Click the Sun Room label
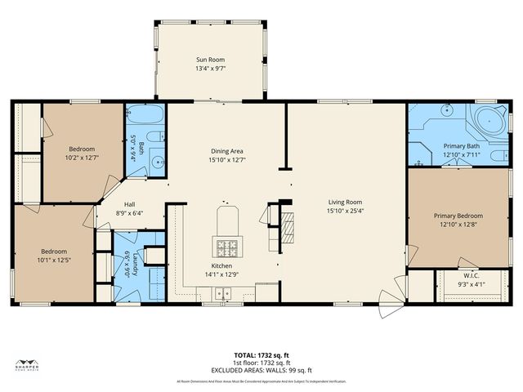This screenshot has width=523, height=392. pyautogui.click(x=210, y=60)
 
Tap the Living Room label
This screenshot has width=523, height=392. pyautogui.click(x=345, y=202)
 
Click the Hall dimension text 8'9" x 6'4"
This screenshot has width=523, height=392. pyautogui.click(x=127, y=213)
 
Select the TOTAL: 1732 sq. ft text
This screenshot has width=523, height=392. pyautogui.click(x=261, y=355)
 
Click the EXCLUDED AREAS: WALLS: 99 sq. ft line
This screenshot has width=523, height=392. pyautogui.click(x=261, y=368)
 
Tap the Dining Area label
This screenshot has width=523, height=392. pyautogui.click(x=227, y=150)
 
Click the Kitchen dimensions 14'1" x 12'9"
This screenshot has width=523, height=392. pyautogui.click(x=222, y=274)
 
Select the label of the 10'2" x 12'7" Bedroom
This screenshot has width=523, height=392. pyautogui.click(x=82, y=149)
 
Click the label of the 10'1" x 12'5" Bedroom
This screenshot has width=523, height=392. pyautogui.click(x=54, y=251)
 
